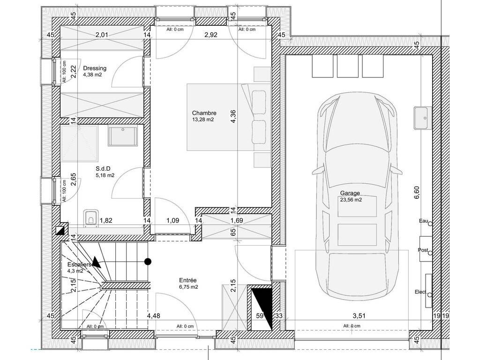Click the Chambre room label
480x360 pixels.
point(204,113)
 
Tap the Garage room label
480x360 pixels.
point(350,193)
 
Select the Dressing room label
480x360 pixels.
point(95,68)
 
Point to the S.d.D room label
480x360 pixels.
point(103,169)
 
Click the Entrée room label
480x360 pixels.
point(187,280)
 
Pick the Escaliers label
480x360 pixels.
point(79,264)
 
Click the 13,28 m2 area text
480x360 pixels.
point(203,120)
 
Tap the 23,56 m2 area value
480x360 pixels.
point(351,200)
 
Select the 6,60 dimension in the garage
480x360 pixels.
point(417,193)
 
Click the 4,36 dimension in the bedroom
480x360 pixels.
point(233,117)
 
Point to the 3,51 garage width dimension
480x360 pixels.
point(359,315)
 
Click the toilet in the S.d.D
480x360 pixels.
point(91,217)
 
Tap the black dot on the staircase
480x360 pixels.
point(148,262)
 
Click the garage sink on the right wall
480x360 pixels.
point(423,118)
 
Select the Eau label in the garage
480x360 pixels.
point(423,221)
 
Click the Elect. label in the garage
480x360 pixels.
point(421,292)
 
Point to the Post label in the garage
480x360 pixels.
point(423,250)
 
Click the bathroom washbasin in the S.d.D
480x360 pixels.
point(122,136)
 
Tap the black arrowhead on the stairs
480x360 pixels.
point(97,262)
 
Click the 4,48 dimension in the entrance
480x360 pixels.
point(153,315)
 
